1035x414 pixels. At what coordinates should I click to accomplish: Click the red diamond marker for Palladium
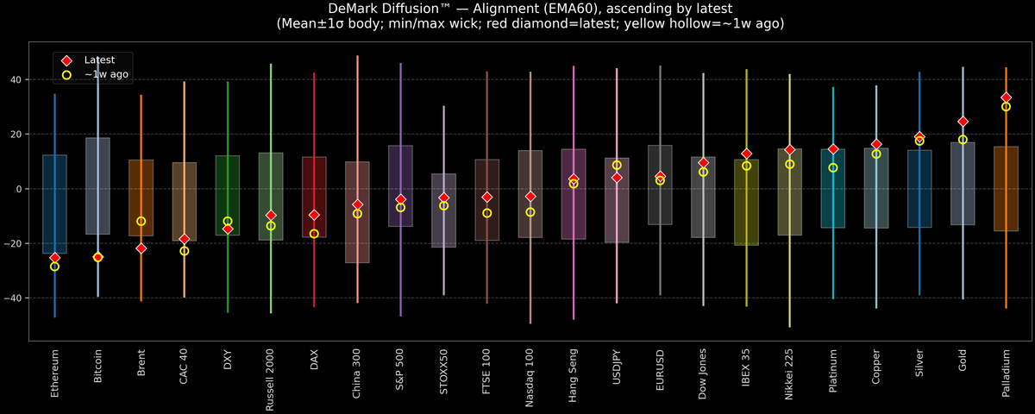1006,97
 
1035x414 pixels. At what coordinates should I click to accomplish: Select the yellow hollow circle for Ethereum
54,267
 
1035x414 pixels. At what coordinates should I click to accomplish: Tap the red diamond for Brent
141,248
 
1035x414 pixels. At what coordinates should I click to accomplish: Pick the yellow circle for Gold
963,140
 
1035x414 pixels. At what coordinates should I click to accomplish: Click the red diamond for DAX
314,215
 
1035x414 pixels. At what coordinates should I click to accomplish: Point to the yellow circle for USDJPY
617,165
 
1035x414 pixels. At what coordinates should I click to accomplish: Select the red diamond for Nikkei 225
789,150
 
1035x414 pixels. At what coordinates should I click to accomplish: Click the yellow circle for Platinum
833,168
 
